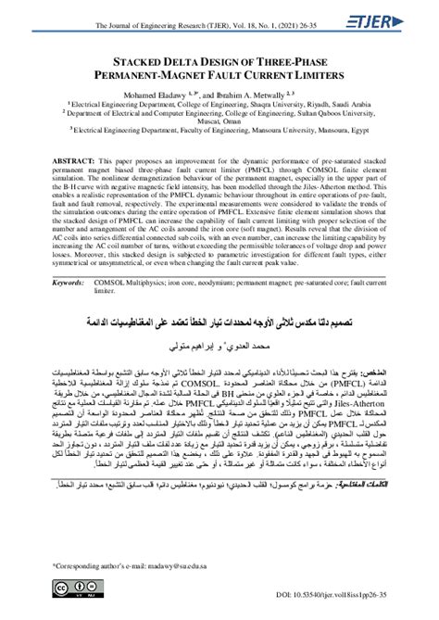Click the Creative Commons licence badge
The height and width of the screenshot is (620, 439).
tap(70, 592)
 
